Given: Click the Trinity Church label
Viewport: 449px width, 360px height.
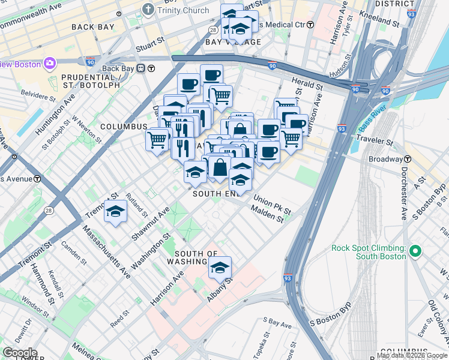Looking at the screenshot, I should click(182, 10).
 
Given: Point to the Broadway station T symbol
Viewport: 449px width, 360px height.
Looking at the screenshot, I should click(408, 159).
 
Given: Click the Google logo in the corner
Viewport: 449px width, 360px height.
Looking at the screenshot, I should click(19, 353).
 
